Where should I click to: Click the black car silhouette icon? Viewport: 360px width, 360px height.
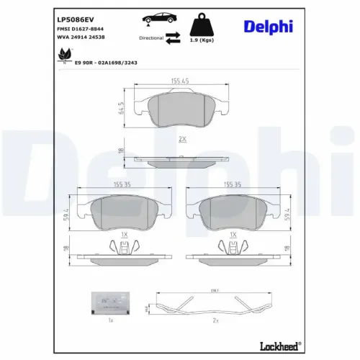[156, 20]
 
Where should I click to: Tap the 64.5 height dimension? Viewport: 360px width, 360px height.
[121, 107]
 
